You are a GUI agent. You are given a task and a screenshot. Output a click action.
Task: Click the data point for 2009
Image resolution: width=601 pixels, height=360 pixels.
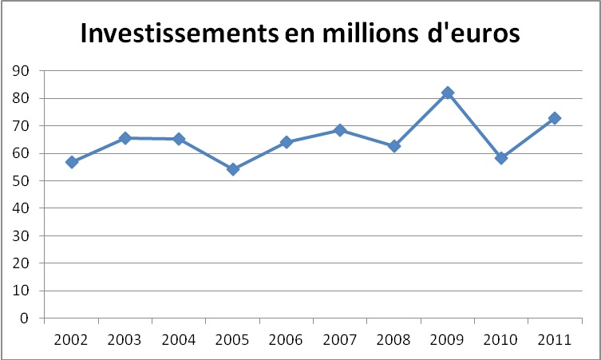click(x=448, y=93)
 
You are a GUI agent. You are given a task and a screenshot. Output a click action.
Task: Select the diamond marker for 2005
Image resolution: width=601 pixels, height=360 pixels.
click(x=233, y=169)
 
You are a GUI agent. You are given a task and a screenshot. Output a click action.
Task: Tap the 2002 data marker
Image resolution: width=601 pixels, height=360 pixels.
click(x=72, y=162)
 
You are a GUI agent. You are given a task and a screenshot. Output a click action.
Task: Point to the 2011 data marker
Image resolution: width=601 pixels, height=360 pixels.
click(x=555, y=118)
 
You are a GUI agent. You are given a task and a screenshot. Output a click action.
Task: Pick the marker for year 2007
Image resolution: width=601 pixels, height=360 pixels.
click(x=340, y=130)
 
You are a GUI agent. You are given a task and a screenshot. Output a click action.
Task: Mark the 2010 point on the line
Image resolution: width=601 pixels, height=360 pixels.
click(x=501, y=158)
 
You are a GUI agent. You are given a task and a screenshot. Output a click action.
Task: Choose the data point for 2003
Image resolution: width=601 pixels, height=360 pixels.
click(x=125, y=138)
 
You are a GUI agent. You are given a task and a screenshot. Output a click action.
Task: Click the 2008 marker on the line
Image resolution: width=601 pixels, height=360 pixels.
click(x=394, y=146)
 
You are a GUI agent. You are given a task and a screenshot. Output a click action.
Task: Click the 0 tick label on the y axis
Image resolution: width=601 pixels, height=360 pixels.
click(x=26, y=318)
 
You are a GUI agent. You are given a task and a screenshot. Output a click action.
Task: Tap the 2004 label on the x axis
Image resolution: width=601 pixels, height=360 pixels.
click(x=179, y=338)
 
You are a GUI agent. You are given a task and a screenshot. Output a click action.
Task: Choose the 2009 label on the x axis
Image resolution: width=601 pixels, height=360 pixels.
click(x=448, y=338)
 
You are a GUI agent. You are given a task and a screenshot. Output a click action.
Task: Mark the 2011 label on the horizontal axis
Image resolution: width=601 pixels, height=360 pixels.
click(x=555, y=338)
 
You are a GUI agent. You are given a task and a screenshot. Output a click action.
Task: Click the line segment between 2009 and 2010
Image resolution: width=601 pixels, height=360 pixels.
click(x=475, y=125)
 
